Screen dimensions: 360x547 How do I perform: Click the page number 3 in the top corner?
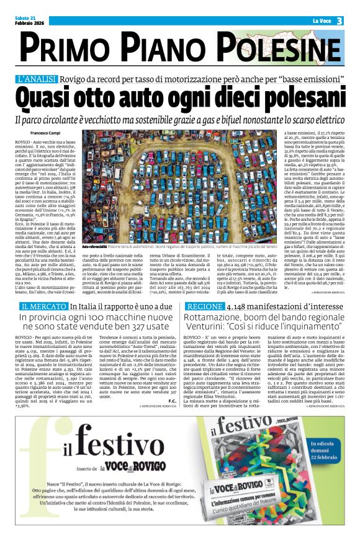click(x=340, y=20)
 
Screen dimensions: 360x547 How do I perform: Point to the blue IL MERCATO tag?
click(x=43, y=306)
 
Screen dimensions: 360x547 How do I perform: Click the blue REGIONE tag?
click(x=204, y=306)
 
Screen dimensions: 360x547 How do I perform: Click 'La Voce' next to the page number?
click(x=322, y=20)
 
